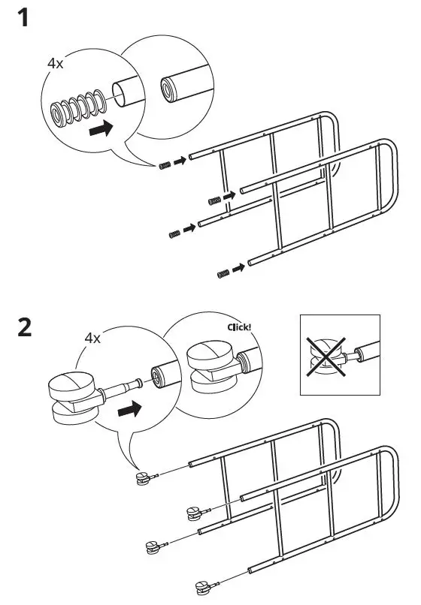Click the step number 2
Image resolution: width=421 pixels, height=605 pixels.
24,328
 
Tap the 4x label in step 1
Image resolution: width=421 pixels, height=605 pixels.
56,64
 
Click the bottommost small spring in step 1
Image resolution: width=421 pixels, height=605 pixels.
223,273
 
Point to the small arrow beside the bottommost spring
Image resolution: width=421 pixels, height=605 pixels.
239,267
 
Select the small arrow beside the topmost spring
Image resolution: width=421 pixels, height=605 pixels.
179,160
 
